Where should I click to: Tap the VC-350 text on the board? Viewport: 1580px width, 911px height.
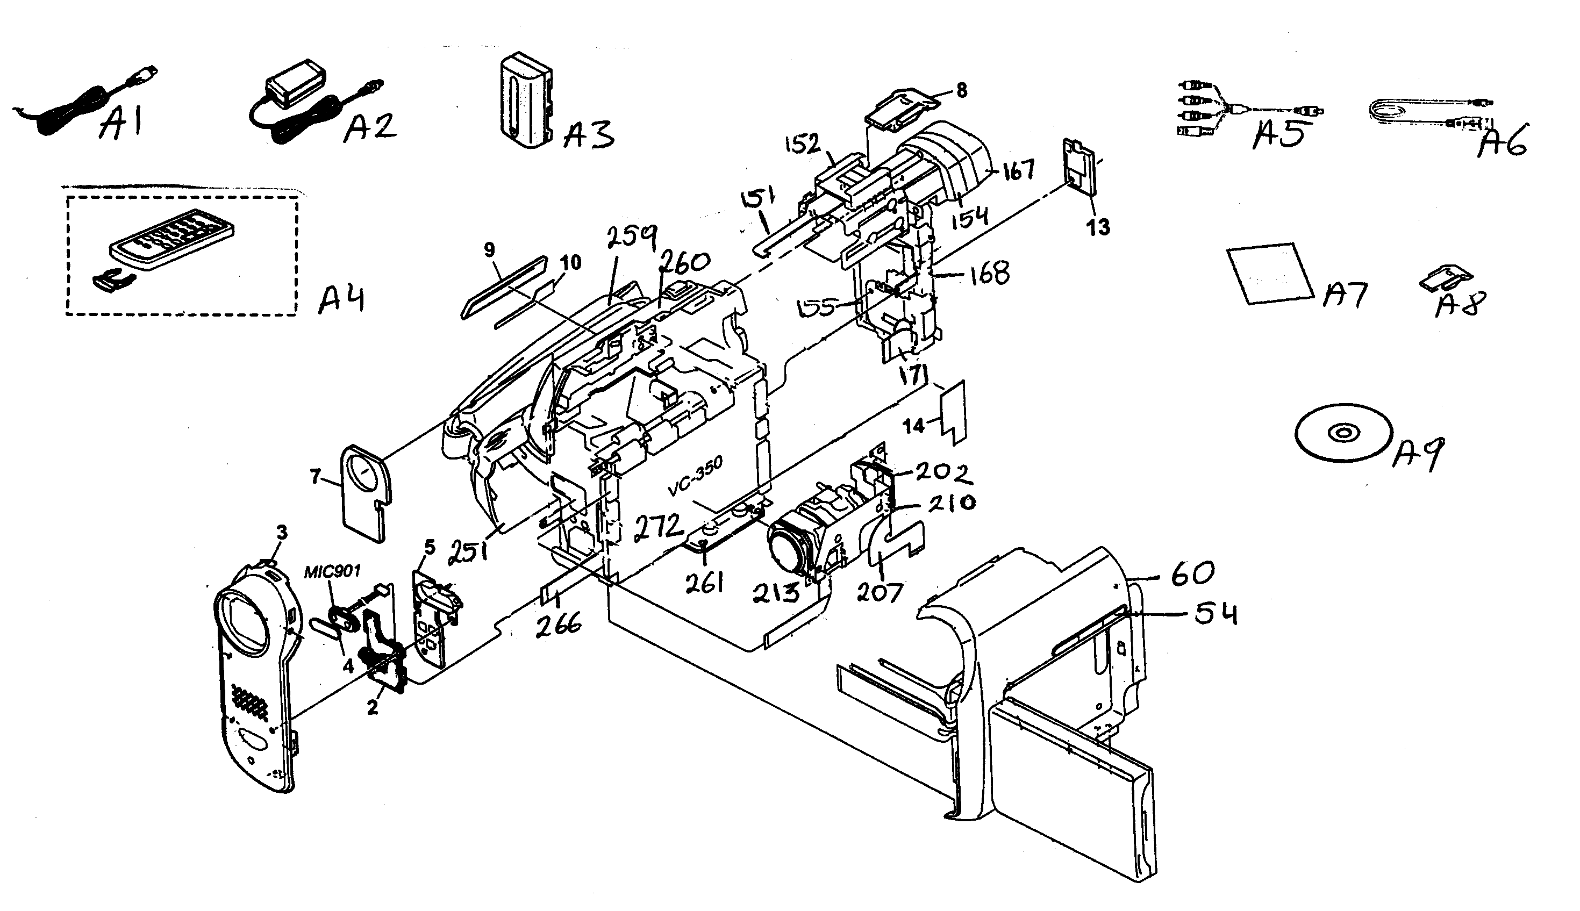pyautogui.click(x=695, y=477)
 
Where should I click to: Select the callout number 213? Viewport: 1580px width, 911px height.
pyautogui.click(x=776, y=591)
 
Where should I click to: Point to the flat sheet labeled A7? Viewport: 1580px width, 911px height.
pyautogui.click(x=1270, y=274)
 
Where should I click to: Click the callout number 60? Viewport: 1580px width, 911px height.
pyautogui.click(x=1192, y=573)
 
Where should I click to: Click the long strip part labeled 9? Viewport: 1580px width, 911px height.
pyautogui.click(x=504, y=286)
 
